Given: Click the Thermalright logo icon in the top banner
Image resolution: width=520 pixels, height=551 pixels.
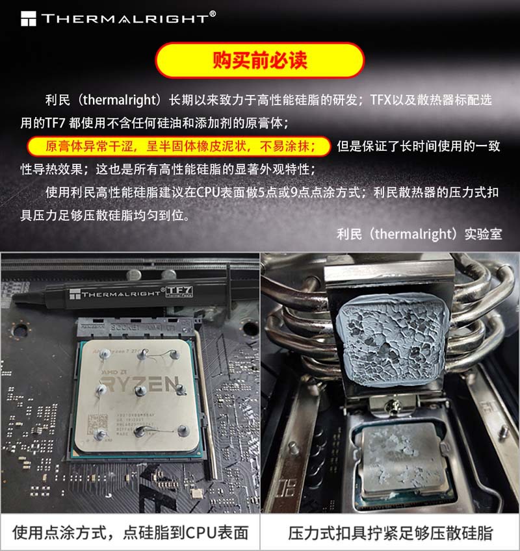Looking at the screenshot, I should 29,18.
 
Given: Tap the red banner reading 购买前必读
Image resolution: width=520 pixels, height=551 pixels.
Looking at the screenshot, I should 259,60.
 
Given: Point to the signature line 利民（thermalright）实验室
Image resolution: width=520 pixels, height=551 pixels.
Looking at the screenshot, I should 419,233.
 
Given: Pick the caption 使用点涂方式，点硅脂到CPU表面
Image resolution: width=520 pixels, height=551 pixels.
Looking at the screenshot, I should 130,533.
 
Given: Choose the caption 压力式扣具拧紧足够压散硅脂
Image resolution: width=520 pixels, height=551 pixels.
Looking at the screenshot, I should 390,533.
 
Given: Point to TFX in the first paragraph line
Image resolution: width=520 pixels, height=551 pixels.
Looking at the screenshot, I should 382,101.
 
